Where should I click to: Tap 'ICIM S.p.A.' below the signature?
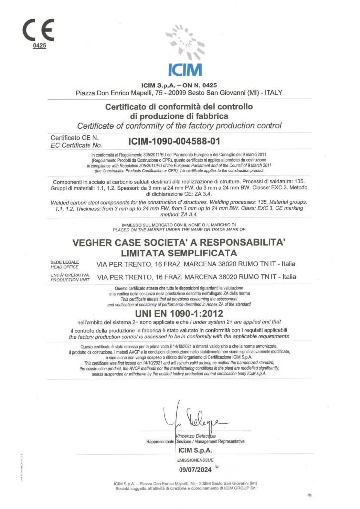click(x=195, y=450)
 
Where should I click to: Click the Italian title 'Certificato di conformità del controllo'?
click(x=180, y=106)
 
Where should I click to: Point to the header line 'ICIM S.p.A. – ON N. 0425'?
click(x=180, y=85)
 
